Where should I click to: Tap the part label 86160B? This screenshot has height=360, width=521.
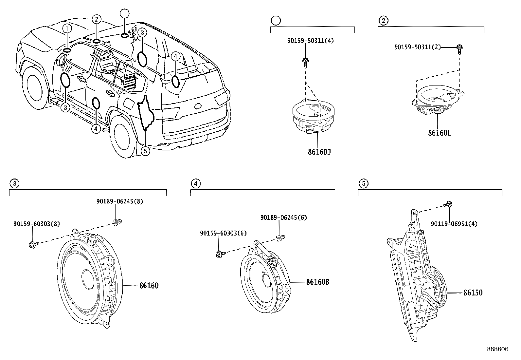(x=317, y=282)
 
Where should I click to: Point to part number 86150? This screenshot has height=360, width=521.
(x=473, y=293)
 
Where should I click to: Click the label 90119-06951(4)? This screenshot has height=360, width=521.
(x=454, y=224)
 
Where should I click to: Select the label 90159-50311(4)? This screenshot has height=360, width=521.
(x=311, y=41)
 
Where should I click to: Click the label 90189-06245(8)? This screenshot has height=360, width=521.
(x=119, y=201)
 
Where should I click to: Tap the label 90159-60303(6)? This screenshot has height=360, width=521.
(x=224, y=233)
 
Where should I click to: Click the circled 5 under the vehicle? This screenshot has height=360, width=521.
(x=146, y=151)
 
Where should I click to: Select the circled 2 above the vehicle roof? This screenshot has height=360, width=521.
(x=96, y=19)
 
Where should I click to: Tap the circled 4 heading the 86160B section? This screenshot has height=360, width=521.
(x=195, y=183)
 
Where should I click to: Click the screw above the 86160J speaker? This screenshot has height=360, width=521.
(x=305, y=62)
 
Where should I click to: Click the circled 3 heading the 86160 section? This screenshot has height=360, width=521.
(x=14, y=183)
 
